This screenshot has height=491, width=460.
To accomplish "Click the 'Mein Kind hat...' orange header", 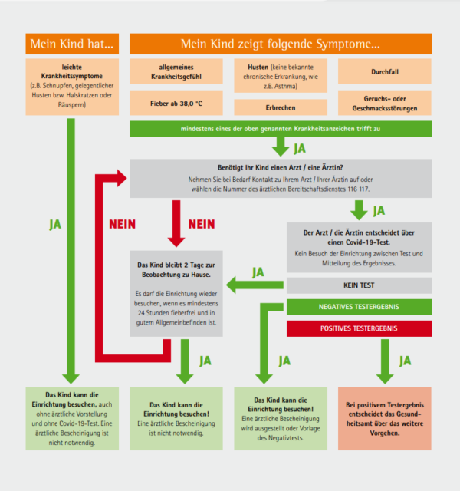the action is [72, 44].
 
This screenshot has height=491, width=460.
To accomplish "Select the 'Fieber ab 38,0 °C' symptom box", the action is [176, 104].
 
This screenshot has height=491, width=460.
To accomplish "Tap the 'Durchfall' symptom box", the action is [385, 71].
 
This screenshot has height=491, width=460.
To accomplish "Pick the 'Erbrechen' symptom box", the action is [281, 107].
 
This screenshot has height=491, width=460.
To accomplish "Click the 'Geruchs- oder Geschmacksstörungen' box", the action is [385, 104].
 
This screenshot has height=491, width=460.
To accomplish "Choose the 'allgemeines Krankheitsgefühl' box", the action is [176, 71].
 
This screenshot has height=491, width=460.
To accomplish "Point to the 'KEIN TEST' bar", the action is [360, 285].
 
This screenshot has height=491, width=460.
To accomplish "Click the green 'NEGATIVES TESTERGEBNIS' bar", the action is [360, 307].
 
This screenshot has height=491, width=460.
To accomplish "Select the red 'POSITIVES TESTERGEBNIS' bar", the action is [360, 328].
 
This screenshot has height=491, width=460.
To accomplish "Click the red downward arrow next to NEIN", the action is [176, 223].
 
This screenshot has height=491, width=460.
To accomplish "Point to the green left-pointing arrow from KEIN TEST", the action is [255, 285].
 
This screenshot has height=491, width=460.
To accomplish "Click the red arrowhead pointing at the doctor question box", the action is [121, 178].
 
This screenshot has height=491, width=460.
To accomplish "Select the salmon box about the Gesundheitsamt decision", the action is [385, 419].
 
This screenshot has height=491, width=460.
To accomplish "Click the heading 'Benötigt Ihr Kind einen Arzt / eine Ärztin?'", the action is [281, 167].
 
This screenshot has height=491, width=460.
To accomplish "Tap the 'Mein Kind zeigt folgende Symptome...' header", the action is [281, 44].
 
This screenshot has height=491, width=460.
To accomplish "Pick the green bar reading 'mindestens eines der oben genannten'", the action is [281, 129].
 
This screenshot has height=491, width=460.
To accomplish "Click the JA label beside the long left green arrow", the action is [55, 225].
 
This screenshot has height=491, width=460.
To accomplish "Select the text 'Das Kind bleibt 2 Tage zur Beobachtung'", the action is [176, 269].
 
